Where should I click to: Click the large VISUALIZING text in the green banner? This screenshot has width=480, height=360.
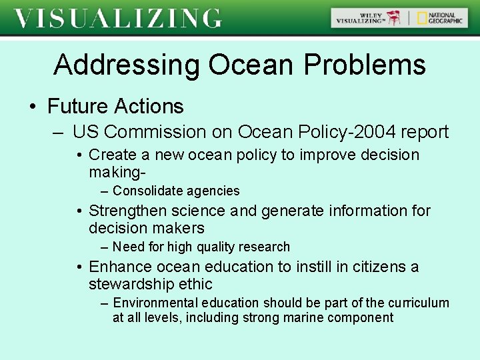pos(118,18)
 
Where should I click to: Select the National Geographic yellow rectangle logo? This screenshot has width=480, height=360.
pos(423,18)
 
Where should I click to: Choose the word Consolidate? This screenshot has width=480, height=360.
pos(138,191)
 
